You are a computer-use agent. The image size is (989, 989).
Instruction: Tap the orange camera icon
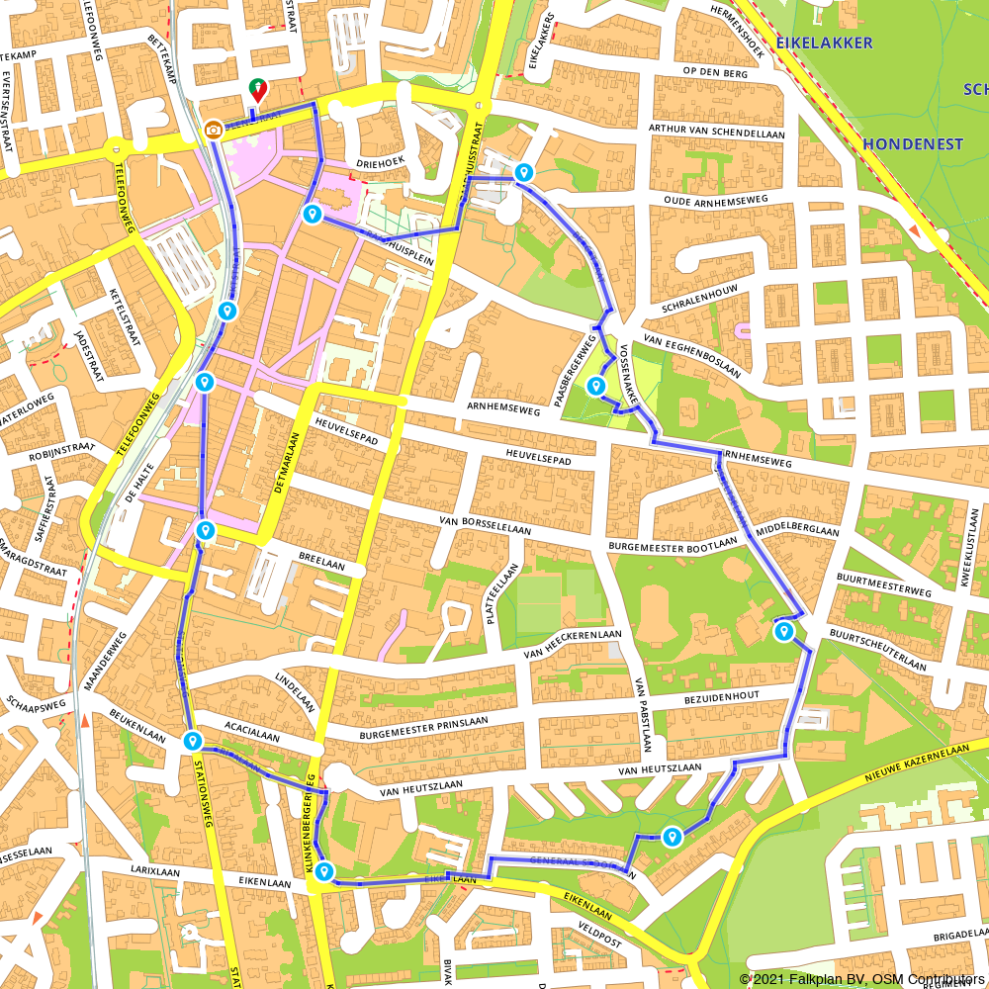213,130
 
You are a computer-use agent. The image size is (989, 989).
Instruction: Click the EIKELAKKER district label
824,43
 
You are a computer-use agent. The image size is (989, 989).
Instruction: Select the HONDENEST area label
913,144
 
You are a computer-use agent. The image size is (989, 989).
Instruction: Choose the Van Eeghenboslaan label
691,355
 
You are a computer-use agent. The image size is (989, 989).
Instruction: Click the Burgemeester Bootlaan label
674,543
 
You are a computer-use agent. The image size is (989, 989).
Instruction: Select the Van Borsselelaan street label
486,524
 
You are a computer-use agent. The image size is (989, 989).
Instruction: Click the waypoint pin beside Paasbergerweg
595,387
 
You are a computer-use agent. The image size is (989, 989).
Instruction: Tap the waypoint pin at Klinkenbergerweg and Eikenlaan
323,871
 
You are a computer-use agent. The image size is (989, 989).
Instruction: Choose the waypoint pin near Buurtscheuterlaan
784,632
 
